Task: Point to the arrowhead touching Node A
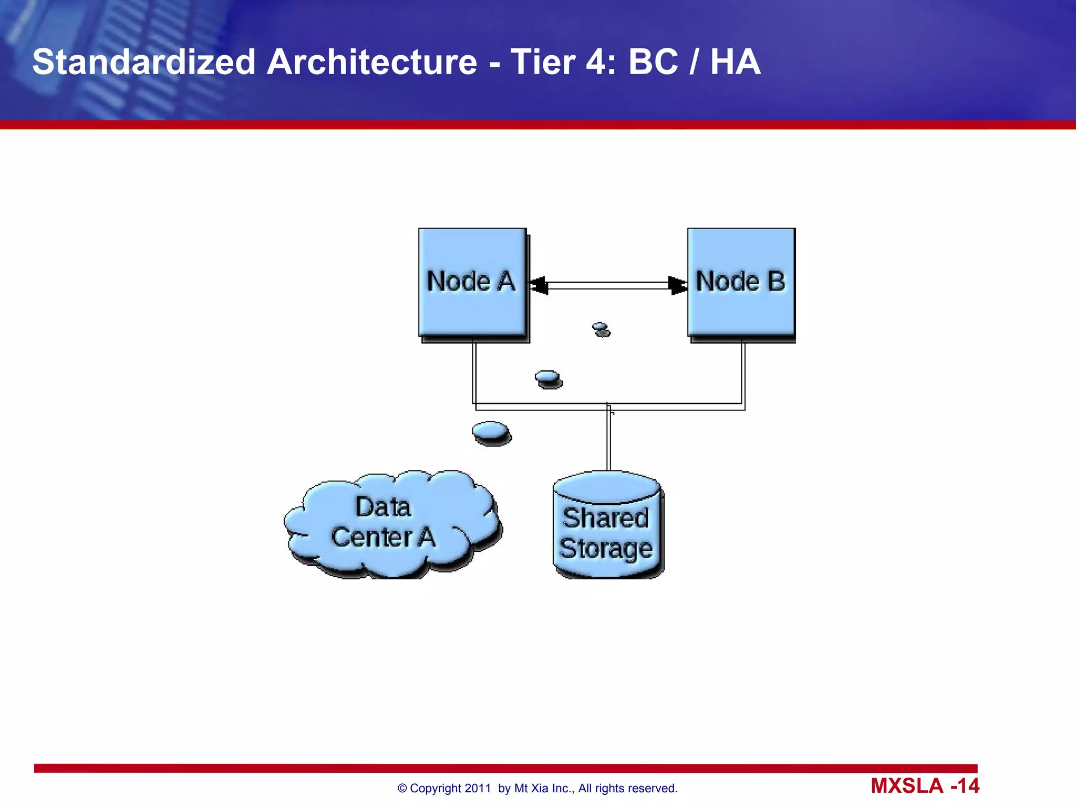tap(539, 285)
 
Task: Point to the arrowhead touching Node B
tap(677, 285)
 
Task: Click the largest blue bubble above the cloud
tap(491, 432)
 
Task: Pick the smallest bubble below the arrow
tap(601, 329)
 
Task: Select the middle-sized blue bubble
tap(548, 378)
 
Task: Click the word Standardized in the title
tap(143, 62)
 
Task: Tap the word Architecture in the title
tap(372, 62)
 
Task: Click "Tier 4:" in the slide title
tap(563, 62)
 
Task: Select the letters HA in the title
tap(735, 62)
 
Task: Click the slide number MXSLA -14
tap(925, 786)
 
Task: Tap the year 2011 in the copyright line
tap(478, 789)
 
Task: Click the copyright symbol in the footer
tap(402, 789)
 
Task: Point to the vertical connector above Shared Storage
tap(609, 441)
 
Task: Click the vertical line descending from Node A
tap(474, 373)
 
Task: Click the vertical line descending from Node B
tap(743, 373)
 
